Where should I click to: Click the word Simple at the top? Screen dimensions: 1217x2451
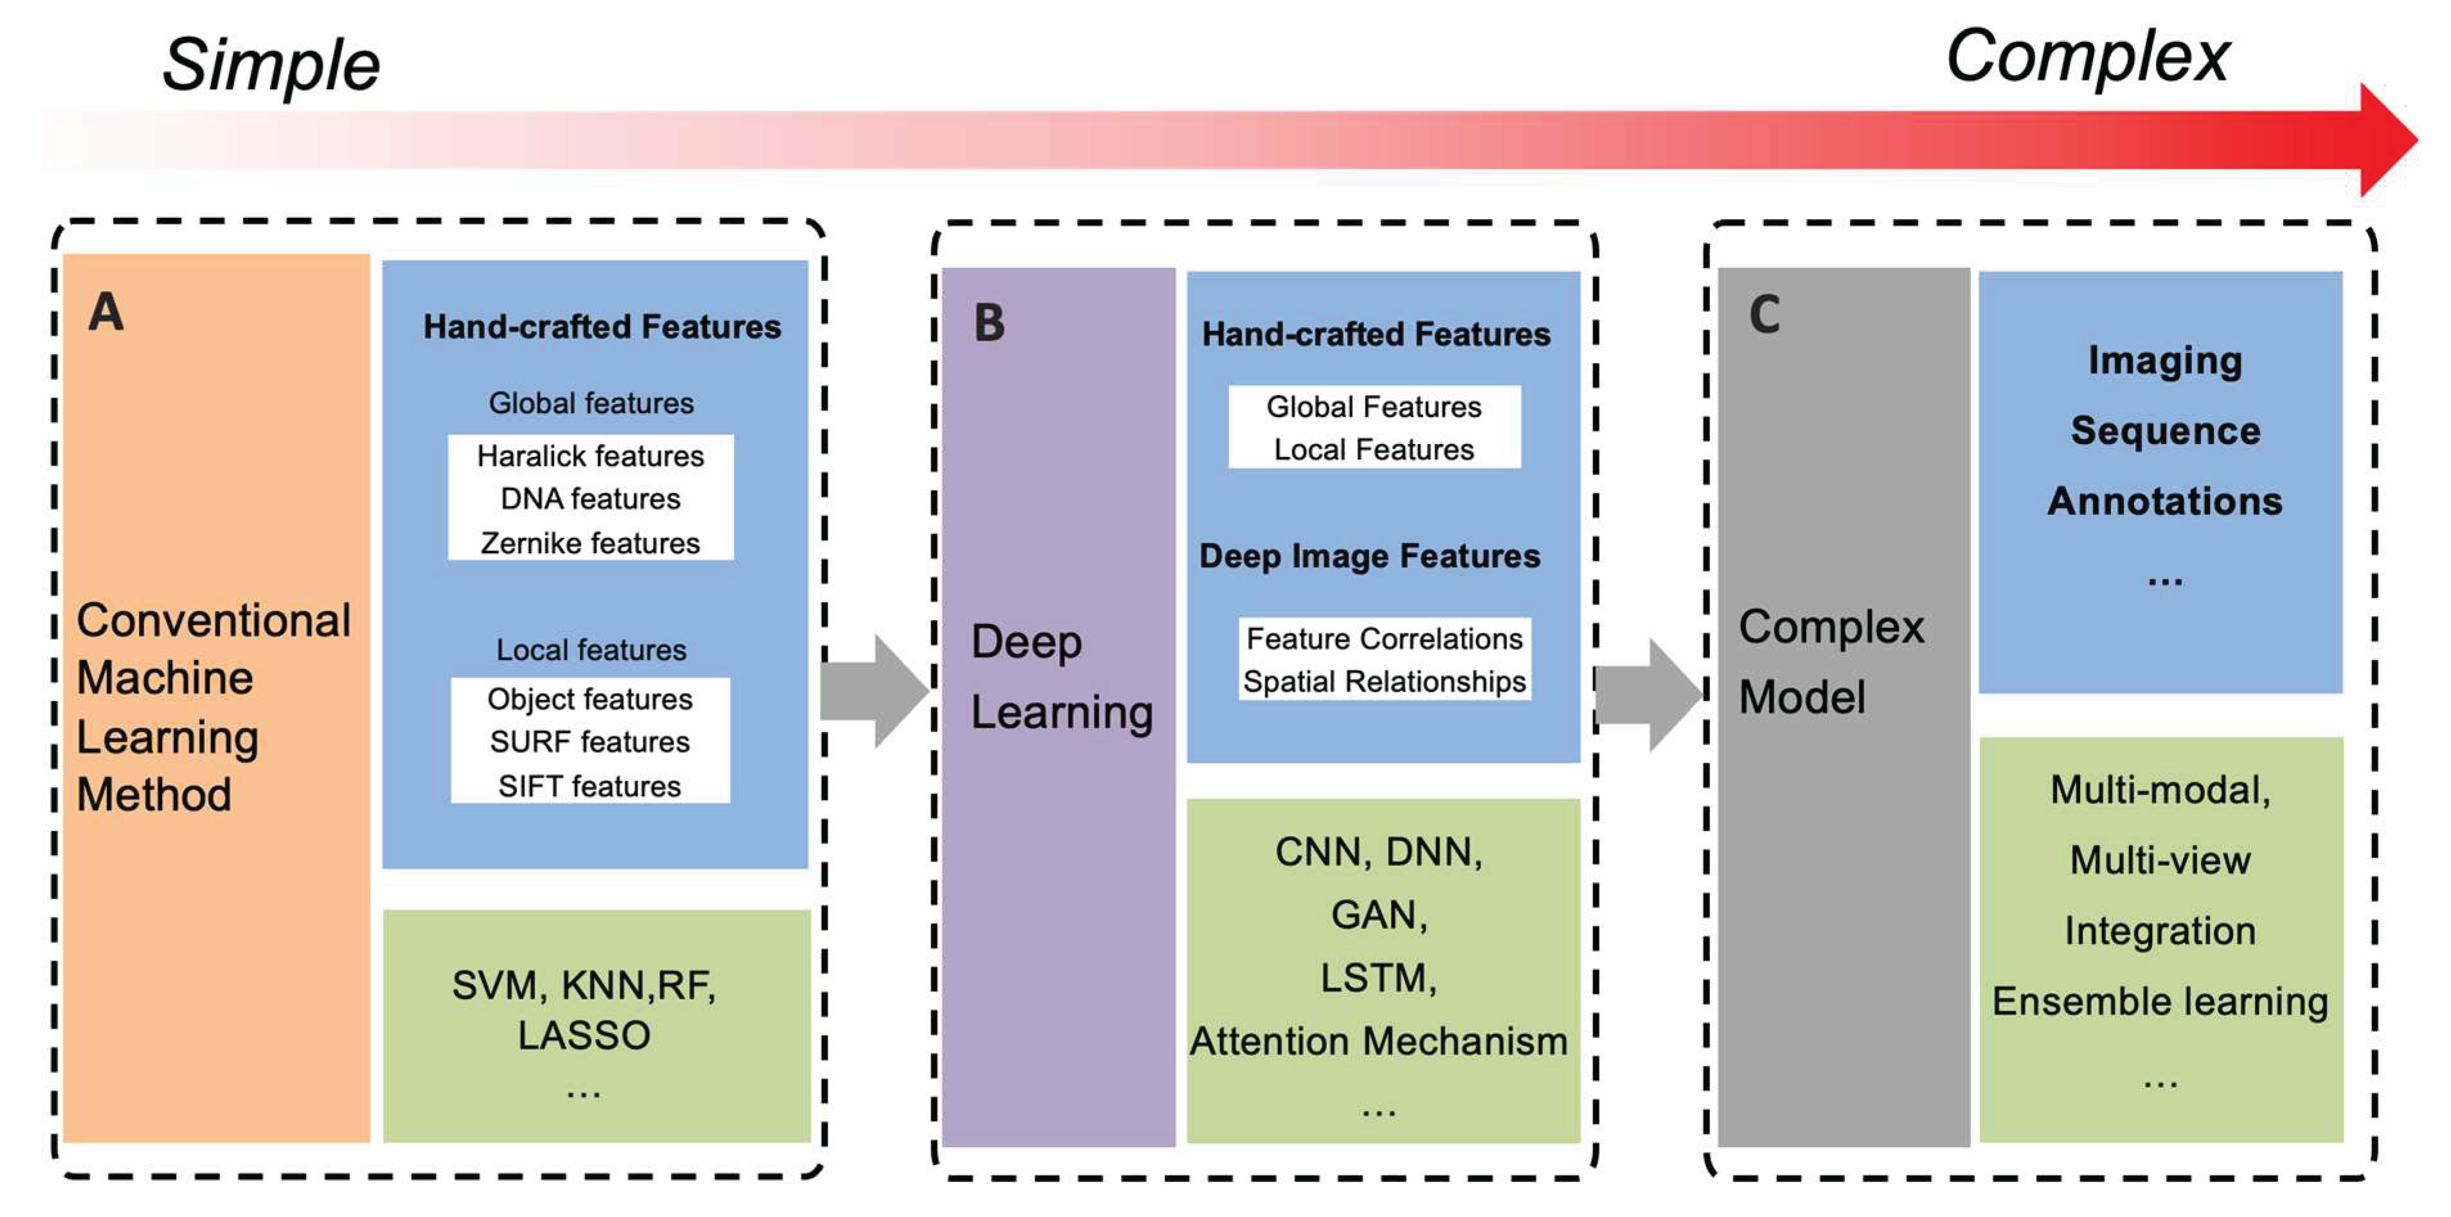coord(271,65)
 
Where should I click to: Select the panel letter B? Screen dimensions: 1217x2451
coord(990,323)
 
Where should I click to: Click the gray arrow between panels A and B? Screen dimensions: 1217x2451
coord(873,691)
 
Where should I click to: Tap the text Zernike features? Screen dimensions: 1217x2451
coord(590,544)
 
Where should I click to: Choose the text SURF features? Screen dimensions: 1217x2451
coord(590,742)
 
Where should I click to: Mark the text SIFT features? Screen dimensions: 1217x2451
coord(590,786)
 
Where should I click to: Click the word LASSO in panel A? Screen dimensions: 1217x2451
coord(584,1035)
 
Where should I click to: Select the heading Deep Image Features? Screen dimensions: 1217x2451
coord(1369,556)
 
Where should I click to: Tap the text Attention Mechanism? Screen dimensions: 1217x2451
coord(1378,1041)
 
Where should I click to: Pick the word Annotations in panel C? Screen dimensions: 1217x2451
coord(2164,501)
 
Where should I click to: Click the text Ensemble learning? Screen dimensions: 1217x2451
coord(2160,1001)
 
